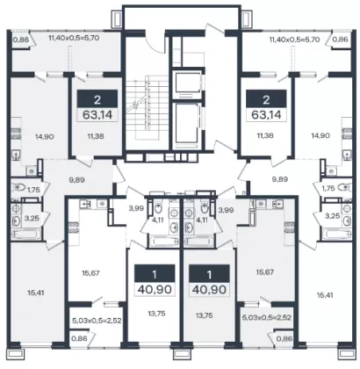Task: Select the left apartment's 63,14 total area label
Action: click(97, 114)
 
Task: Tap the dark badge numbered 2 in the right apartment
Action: click(266, 100)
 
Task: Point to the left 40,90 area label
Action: click(155, 289)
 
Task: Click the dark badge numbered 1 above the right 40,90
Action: click(209, 275)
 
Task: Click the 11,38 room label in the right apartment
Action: click(266, 135)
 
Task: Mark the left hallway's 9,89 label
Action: click(77, 180)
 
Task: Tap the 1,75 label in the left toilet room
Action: click(33, 190)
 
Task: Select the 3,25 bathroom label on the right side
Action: click(334, 216)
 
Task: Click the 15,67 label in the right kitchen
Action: click(265, 272)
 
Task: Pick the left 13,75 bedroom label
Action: click(155, 314)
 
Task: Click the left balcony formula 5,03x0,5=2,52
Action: click(97, 321)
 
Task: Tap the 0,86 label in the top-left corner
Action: click(21, 39)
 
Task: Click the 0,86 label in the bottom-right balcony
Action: click(284, 339)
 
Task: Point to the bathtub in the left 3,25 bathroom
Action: click(26, 234)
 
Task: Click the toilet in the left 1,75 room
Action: click(18, 186)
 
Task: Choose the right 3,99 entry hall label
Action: click(226, 210)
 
